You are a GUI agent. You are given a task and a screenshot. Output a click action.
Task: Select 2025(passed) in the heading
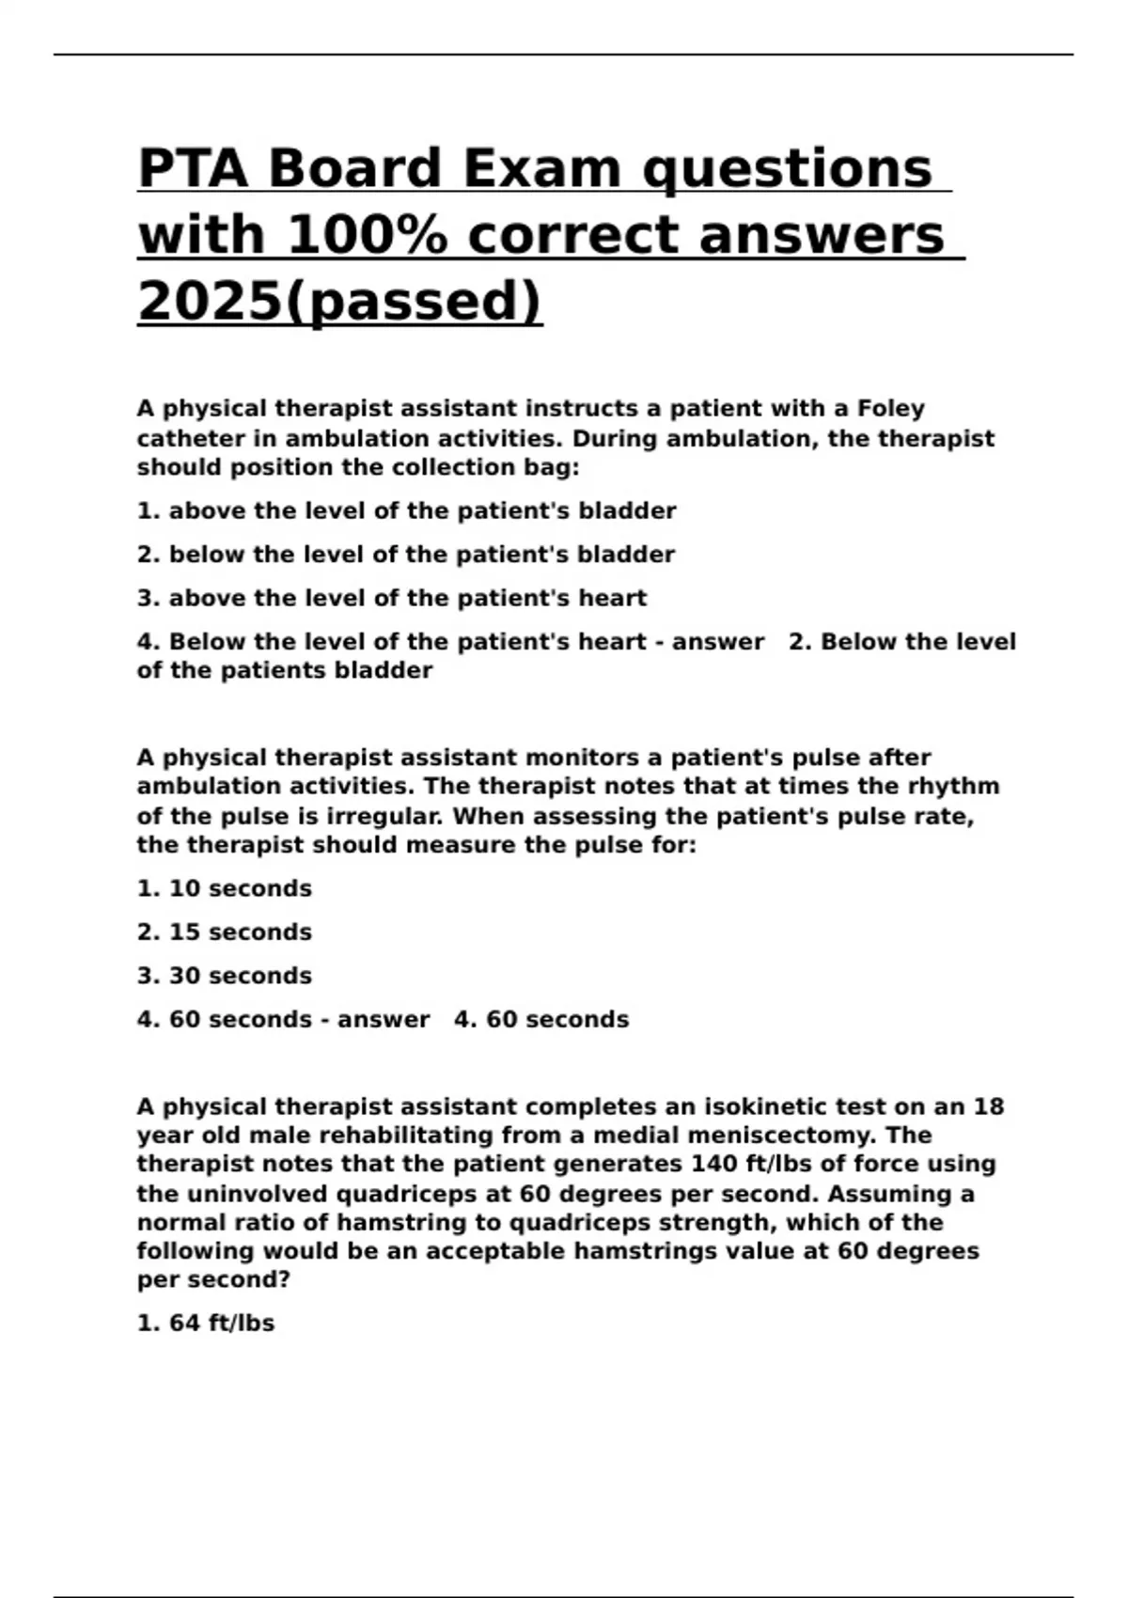click(339, 301)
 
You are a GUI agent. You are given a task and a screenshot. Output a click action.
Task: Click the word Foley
click(890, 409)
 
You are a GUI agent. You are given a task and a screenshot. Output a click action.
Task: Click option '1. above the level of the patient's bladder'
click(406, 511)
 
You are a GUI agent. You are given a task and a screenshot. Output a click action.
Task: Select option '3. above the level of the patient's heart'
click(391, 599)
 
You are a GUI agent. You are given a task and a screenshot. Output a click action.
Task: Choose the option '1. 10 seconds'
click(224, 888)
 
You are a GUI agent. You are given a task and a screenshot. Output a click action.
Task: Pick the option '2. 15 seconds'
click(224, 932)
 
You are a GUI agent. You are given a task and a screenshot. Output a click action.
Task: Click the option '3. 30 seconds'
click(224, 976)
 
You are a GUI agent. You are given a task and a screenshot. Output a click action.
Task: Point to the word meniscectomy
click(781, 1136)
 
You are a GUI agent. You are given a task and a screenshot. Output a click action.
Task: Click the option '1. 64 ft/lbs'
click(205, 1324)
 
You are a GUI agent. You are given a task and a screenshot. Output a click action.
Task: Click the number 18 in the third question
click(988, 1106)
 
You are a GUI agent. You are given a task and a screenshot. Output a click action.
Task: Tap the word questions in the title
click(788, 169)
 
